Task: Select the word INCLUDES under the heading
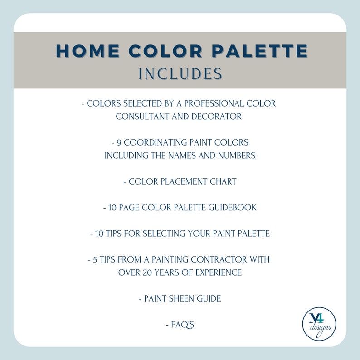180,73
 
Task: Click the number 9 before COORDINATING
120,142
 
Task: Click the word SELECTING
163,234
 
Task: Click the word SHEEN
181,299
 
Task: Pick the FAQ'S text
183,325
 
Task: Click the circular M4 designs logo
319,323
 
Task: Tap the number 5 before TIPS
96,260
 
